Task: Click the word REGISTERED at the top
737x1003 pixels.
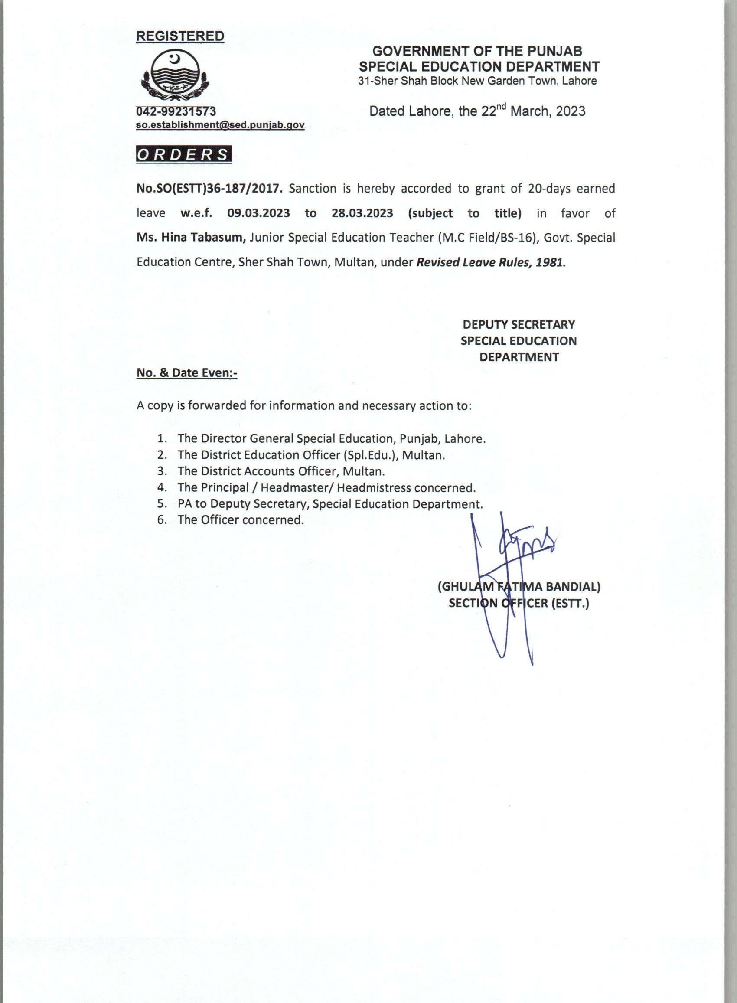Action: tap(180, 36)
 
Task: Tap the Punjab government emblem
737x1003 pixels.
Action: tap(175, 75)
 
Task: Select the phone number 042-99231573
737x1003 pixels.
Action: tap(176, 111)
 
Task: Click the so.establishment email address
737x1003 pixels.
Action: tap(220, 125)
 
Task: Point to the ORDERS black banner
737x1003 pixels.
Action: tap(184, 154)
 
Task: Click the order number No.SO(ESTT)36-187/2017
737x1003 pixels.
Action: tap(210, 189)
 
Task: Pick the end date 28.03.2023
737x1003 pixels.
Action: tap(362, 213)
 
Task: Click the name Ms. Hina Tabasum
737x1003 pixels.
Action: tap(191, 238)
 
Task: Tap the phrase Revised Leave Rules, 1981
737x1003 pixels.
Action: tap(491, 262)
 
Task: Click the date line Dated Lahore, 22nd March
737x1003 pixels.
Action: tap(477, 111)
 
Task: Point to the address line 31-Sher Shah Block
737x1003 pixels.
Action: tap(478, 81)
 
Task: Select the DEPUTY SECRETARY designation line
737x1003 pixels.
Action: tap(519, 324)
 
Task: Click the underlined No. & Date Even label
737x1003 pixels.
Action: tap(187, 373)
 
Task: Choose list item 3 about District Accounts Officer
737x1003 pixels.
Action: tap(281, 471)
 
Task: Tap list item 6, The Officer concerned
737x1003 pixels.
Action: tap(241, 520)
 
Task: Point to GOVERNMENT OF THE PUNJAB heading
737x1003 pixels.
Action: tap(477, 51)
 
